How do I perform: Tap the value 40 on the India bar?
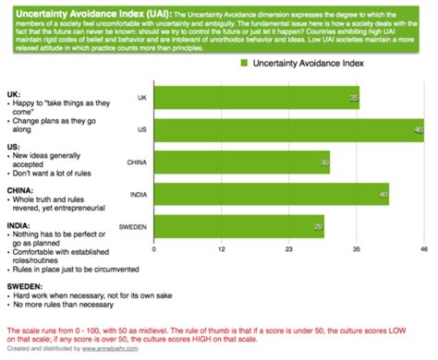pyautogui.click(x=383, y=194)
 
